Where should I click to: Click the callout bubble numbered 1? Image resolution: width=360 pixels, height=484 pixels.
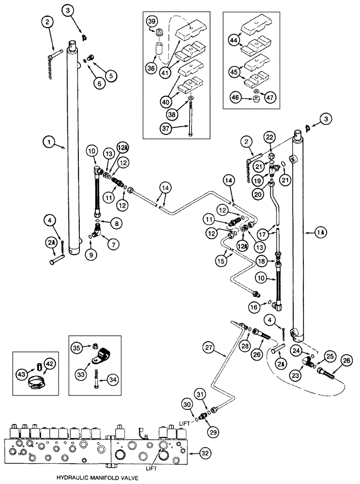pos(48,143)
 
